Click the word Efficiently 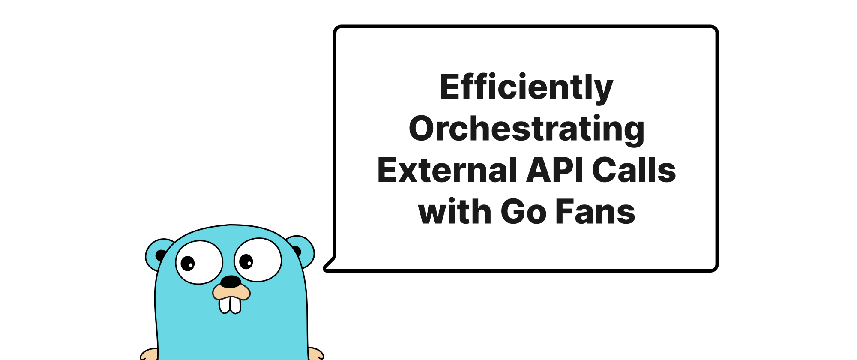[x=526, y=87]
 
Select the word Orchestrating [x=526, y=129]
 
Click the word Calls [x=634, y=170]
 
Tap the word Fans [x=595, y=212]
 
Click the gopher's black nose [x=231, y=282]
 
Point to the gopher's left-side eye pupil [x=188, y=263]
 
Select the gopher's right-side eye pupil [x=246, y=261]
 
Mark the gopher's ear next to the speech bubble [x=303, y=250]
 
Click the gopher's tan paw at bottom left [x=149, y=354]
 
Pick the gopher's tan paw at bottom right [x=315, y=354]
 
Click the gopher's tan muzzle [x=231, y=292]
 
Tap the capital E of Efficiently [x=449, y=87]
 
